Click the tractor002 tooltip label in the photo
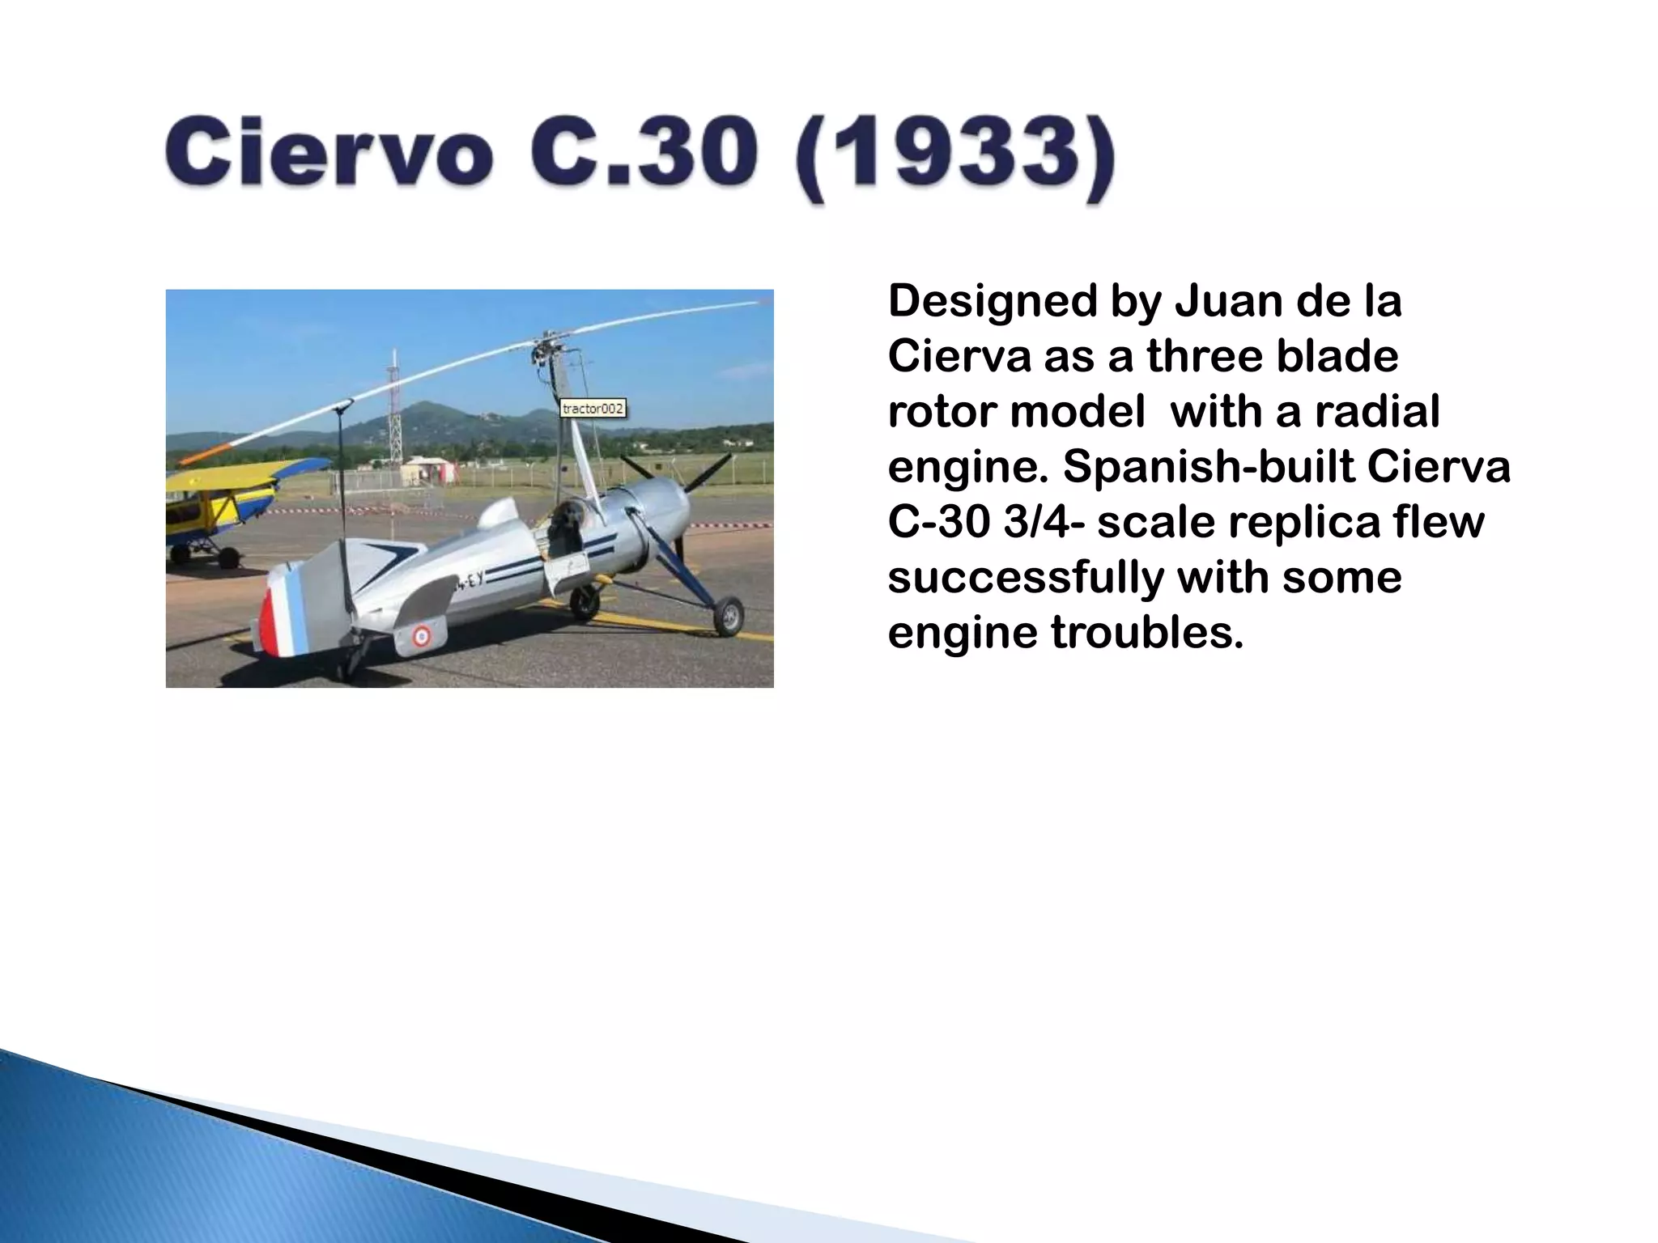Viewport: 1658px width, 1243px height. click(x=593, y=409)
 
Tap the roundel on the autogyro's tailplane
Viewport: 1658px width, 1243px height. click(x=421, y=636)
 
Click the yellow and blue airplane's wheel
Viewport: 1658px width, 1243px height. click(x=229, y=558)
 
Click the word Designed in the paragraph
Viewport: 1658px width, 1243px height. click(x=992, y=301)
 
